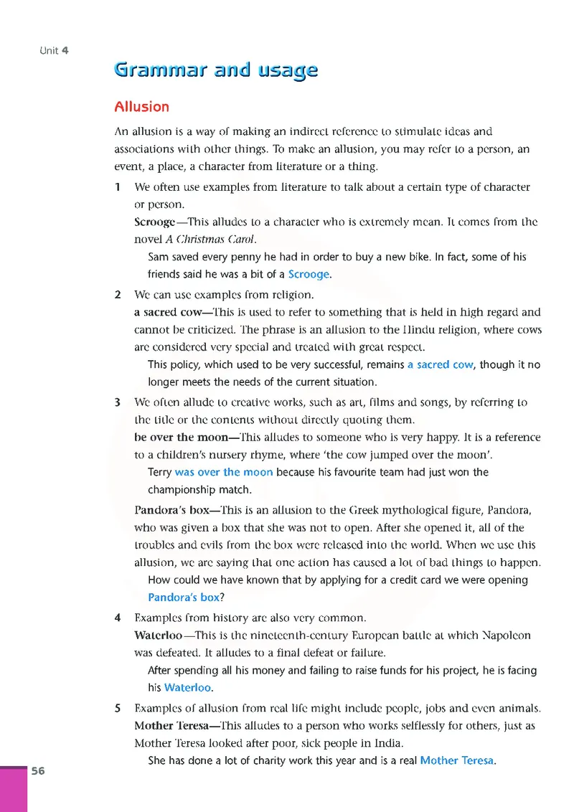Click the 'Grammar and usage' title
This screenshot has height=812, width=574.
[215, 71]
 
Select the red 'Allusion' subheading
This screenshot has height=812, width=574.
[142, 107]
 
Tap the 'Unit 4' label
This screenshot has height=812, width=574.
[54, 50]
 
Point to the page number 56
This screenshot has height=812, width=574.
[38, 771]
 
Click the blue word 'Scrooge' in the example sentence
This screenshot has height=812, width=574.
[309, 274]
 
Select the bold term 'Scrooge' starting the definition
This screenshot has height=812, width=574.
[154, 222]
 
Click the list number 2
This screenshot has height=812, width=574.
[118, 294]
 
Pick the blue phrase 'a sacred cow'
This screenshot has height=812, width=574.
[440, 364]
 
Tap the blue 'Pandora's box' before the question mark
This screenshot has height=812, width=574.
[184, 597]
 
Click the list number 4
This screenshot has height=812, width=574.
[118, 617]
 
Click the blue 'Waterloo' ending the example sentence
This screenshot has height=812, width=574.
[187, 687]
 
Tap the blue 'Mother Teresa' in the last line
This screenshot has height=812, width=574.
[456, 760]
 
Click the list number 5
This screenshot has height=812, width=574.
[118, 709]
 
